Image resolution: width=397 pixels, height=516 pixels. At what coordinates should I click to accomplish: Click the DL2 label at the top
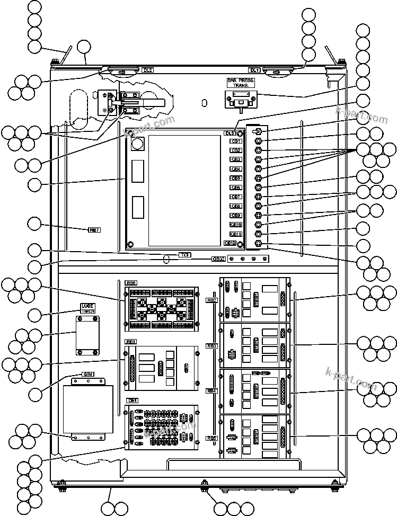click(148, 70)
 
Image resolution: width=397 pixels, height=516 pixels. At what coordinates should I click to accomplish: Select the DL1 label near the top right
click(255, 70)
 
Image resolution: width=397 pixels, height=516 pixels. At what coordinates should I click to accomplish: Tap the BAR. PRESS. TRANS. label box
click(241, 82)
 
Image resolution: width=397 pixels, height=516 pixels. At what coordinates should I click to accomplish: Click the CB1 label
click(236, 141)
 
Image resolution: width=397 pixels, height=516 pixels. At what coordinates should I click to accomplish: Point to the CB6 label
click(236, 188)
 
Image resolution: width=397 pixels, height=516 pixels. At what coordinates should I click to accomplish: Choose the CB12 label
click(230, 243)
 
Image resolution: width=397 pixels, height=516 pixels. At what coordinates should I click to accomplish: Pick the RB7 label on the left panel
click(94, 230)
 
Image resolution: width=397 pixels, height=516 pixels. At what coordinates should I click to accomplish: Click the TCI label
click(185, 255)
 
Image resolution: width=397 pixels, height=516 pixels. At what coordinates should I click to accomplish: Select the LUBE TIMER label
click(87, 308)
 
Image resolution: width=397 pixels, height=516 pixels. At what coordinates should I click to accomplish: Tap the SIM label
click(88, 375)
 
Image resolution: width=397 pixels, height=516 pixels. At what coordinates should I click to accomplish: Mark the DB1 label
click(132, 401)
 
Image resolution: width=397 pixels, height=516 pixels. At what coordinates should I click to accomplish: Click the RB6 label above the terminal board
click(131, 283)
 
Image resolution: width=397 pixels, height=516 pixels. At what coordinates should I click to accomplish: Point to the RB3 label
click(212, 345)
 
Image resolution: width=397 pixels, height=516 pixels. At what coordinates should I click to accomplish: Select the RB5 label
click(212, 438)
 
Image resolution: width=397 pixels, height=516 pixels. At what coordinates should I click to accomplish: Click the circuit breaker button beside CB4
click(258, 168)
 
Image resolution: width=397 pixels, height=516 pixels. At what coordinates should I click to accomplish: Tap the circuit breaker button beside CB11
click(258, 234)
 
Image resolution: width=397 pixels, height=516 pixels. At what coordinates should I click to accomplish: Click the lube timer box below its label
click(87, 334)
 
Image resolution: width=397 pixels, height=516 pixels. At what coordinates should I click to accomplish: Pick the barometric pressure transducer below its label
click(241, 99)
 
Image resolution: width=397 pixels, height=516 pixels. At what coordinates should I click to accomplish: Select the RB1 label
click(131, 342)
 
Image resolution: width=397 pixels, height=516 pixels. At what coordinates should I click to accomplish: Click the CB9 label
click(236, 216)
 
